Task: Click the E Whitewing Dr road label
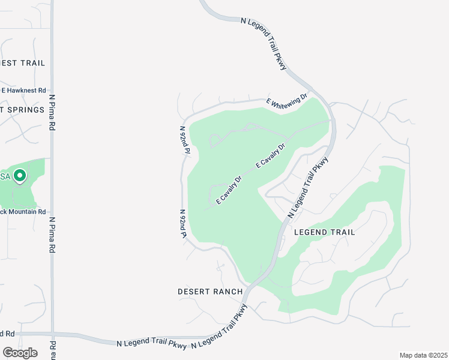pyautogui.click(x=288, y=101)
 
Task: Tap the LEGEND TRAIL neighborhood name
pyautogui.click(x=324, y=232)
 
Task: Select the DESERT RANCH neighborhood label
pyautogui.click(x=210, y=292)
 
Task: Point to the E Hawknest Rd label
pyautogui.click(x=23, y=91)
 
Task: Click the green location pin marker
pyautogui.click(x=20, y=176)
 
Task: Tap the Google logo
pyautogui.click(x=20, y=353)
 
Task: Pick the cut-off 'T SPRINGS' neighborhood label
pyautogui.click(x=23, y=110)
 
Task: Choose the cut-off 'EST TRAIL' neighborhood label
pyautogui.click(x=23, y=63)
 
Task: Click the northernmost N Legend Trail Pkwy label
pyautogui.click(x=265, y=43)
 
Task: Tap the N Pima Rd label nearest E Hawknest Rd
pyautogui.click(x=52, y=113)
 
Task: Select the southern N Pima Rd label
pyautogui.click(x=52, y=236)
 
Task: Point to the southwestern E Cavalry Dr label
pyautogui.click(x=229, y=190)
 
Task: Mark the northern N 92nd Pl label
pyautogui.click(x=185, y=140)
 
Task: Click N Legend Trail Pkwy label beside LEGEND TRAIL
pyautogui.click(x=309, y=187)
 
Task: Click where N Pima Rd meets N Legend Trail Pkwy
pyautogui.click(x=53, y=334)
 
